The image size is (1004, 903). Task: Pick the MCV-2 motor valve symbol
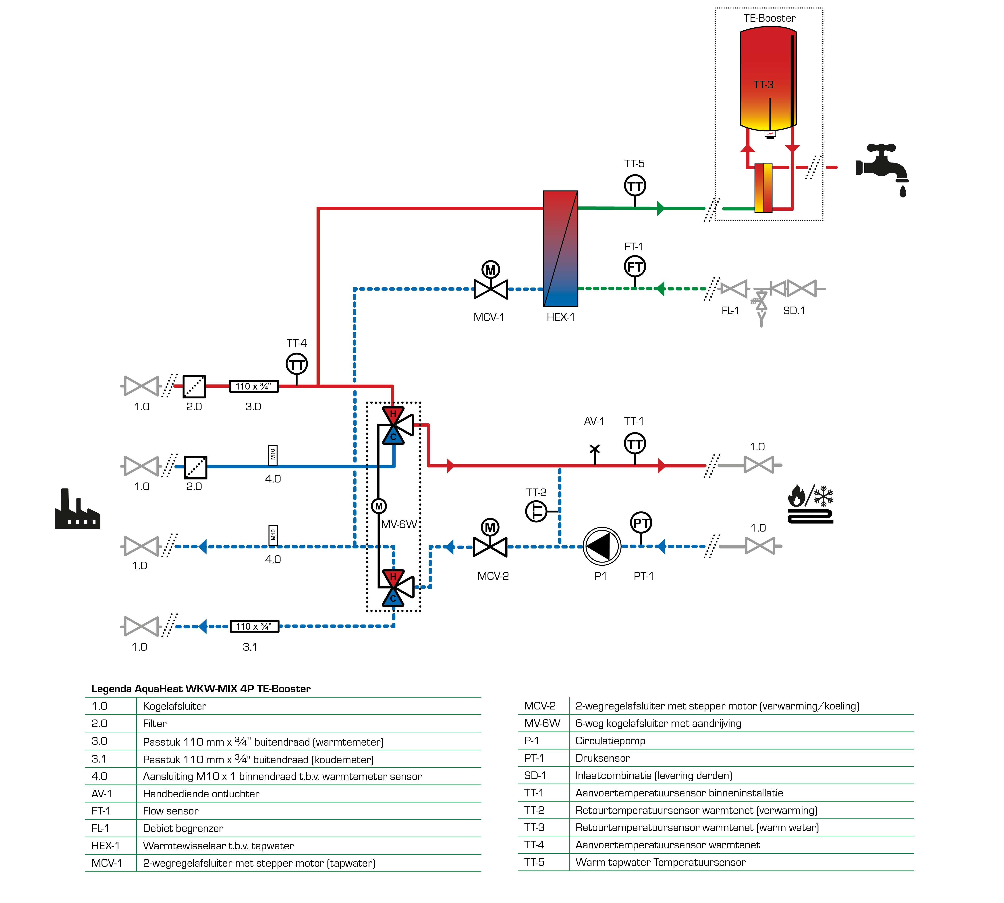pyautogui.click(x=490, y=538)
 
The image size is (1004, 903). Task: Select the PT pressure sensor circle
pyautogui.click(x=641, y=522)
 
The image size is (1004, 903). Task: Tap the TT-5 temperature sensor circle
pyautogui.click(x=635, y=186)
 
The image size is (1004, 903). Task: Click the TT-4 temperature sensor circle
pyautogui.click(x=297, y=364)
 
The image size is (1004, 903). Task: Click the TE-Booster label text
pyautogui.click(x=769, y=18)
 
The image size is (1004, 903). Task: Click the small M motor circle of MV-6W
pyautogui.click(x=379, y=506)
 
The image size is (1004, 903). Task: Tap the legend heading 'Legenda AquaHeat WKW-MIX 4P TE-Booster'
pyautogui.click(x=201, y=689)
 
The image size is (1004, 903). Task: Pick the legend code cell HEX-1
pyautogui.click(x=105, y=845)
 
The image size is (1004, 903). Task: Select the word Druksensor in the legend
pyautogui.click(x=602, y=758)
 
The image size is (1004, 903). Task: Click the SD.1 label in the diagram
pyautogui.click(x=793, y=311)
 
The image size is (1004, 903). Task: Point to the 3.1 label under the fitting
pyautogui.click(x=250, y=647)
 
